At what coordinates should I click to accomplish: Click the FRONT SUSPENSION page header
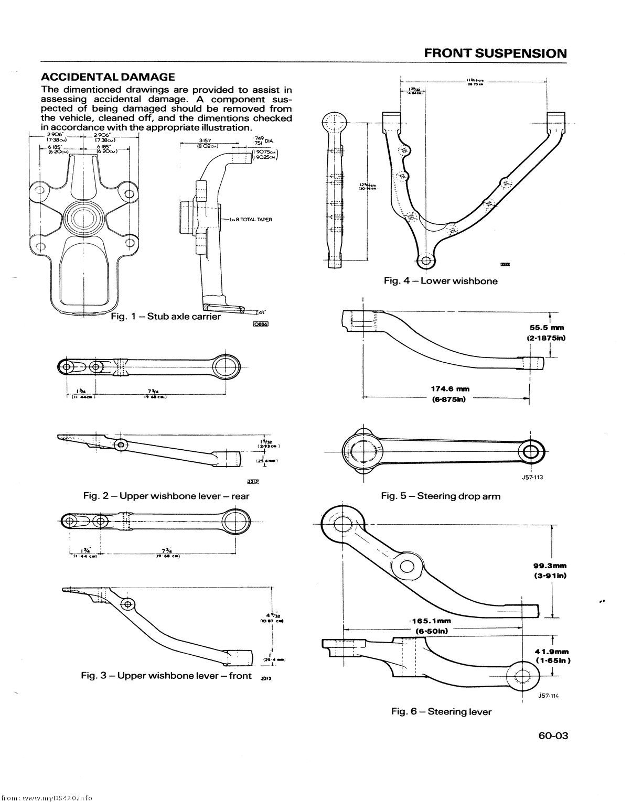[495, 53]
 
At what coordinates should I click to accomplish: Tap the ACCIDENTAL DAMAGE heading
[108, 77]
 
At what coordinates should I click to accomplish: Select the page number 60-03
[553, 735]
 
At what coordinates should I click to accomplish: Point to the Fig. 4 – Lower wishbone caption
[441, 281]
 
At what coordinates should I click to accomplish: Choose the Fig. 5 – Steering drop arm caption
[441, 496]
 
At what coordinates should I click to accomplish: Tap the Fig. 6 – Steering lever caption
[441, 711]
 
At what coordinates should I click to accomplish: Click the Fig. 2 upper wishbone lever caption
[166, 496]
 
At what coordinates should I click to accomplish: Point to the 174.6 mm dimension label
[450, 389]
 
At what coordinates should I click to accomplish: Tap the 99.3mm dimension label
[550, 566]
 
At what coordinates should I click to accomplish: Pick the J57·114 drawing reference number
[549, 696]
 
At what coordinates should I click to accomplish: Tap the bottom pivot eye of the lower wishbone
[426, 261]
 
